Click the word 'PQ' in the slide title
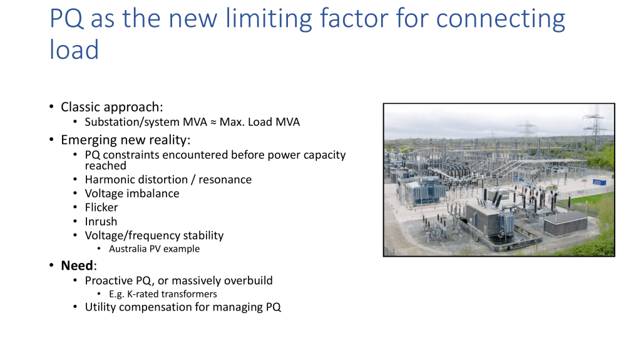tap(66, 19)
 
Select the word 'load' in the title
tap(74, 50)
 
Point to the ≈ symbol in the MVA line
tap(213, 122)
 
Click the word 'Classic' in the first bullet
tap(80, 107)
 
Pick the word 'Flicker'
tap(101, 207)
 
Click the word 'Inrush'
tap(101, 221)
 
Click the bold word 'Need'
tap(77, 265)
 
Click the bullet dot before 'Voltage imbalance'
tap(75, 193)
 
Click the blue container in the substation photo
tap(599, 182)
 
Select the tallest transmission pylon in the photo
tap(596, 122)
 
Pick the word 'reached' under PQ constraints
tap(105, 166)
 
